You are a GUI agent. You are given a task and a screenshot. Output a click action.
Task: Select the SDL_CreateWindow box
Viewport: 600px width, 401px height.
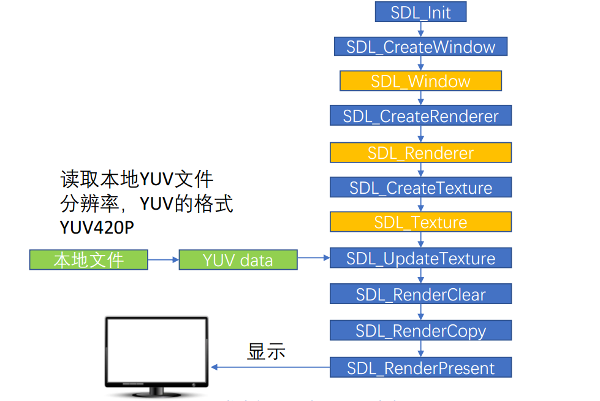(x=420, y=47)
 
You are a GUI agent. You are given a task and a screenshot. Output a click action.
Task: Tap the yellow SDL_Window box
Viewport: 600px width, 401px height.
(x=420, y=81)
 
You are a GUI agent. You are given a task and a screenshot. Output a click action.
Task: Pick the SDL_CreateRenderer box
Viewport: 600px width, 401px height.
(x=420, y=115)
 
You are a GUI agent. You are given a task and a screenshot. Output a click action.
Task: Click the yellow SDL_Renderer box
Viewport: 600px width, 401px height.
(x=420, y=153)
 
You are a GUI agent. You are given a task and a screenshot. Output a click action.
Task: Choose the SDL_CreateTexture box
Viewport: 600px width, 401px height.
(x=420, y=187)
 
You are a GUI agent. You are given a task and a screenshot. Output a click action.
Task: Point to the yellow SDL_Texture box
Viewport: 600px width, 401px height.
(x=420, y=222)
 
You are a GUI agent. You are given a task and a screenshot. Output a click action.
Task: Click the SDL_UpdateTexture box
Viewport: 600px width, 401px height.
(x=420, y=258)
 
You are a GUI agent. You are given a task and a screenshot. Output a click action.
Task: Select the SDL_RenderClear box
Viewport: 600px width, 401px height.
(x=420, y=294)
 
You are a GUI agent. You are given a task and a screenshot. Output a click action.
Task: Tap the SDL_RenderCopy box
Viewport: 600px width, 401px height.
(x=420, y=330)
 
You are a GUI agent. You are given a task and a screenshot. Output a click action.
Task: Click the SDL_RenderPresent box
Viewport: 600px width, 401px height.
(x=420, y=367)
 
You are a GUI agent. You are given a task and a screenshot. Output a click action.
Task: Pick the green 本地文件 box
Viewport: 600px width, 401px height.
(x=89, y=260)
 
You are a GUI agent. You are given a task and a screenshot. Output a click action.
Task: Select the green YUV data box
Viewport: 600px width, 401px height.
(x=238, y=260)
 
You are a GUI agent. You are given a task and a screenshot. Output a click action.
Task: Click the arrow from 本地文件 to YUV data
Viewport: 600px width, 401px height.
(x=163, y=260)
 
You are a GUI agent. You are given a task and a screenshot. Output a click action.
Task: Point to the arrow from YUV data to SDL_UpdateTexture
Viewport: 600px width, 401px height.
(x=314, y=258)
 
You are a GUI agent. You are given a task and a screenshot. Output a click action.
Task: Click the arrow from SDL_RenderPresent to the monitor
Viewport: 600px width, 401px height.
(x=270, y=367)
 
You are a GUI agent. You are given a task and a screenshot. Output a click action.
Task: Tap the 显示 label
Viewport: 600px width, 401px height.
(x=266, y=351)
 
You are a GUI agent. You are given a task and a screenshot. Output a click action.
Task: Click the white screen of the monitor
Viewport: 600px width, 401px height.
(x=156, y=352)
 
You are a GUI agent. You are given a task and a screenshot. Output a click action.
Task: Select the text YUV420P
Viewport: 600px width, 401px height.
(x=97, y=227)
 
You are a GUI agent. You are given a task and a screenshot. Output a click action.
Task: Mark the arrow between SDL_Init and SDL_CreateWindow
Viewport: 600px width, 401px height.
(x=420, y=29)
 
